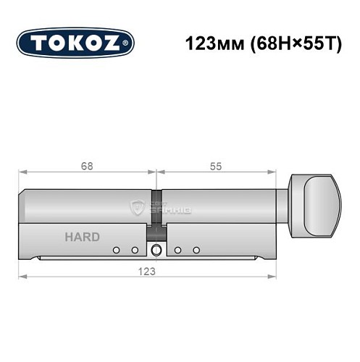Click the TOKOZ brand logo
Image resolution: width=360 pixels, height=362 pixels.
click(75, 43)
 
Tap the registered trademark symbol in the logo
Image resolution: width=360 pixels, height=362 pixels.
click(127, 44)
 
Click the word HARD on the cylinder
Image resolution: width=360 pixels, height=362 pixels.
click(83, 237)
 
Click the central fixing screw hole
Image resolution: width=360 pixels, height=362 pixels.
click(156, 251)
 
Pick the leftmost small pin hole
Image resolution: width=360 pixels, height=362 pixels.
click(115, 251)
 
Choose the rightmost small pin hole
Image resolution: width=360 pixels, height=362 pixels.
click(196, 251)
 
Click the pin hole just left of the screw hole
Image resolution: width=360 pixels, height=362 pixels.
click(134, 251)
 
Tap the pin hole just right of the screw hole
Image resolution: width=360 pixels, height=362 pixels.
click(177, 251)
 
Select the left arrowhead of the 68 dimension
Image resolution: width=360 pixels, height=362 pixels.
click(22, 172)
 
